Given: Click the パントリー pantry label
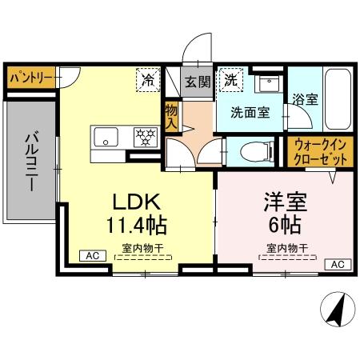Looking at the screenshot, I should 31,79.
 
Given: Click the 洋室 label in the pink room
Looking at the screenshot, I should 286,198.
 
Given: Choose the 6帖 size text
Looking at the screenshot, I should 286,222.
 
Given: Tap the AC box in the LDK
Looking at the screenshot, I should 92,256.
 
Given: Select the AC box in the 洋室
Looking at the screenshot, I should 337,264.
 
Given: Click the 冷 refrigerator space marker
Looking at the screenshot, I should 149,79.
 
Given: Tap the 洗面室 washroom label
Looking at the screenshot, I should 250,113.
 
